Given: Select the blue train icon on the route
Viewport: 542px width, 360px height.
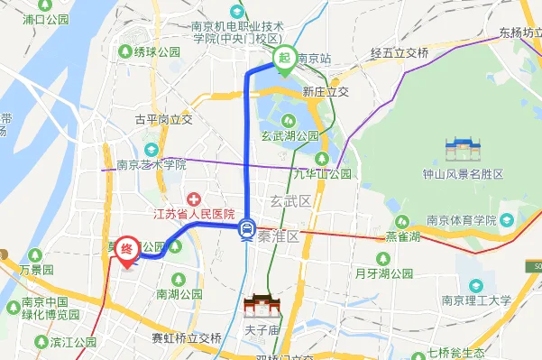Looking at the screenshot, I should pos(247,231).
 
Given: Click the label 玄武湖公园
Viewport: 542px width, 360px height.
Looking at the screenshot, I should pos(290,135).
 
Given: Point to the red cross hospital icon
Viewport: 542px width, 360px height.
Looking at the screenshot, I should pos(193,198).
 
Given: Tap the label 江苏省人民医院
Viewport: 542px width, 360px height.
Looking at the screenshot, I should pos(194,214).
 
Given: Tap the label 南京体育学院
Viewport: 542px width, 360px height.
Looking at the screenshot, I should pos(461,220).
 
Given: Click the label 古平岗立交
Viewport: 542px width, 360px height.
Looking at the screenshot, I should pos(163,119).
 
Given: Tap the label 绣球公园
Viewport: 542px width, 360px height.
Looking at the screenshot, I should pos(158,51).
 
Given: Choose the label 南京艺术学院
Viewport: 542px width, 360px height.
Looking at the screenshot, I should pos(151,165).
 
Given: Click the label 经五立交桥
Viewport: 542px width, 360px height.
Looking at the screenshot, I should pos(399,53).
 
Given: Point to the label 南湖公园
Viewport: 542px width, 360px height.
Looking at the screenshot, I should pos(179,294).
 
